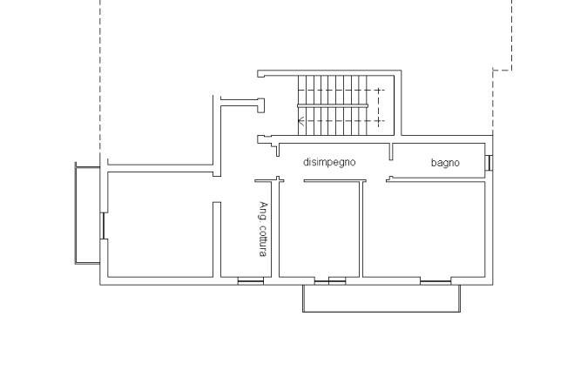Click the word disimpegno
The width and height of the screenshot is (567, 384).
point(329,162)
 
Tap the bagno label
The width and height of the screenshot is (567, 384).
point(445,163)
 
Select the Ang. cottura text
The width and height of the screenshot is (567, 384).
point(264,229)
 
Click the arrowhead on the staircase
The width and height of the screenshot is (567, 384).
point(300,121)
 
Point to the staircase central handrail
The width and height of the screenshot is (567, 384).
point(333,105)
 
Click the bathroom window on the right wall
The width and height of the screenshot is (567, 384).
point(488,163)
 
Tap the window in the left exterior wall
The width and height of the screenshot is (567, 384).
point(104,226)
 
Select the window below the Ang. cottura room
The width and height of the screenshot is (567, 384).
point(251,280)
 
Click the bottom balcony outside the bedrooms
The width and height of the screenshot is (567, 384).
point(381,299)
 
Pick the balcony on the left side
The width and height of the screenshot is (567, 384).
point(87,213)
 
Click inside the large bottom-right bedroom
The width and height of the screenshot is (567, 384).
point(424,230)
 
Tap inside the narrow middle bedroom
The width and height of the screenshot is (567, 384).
point(320,230)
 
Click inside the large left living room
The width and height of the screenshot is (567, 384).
point(160,225)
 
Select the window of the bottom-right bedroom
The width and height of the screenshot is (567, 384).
point(435,280)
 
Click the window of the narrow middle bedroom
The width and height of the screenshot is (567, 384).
point(330,280)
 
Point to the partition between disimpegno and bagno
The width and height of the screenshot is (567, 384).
point(390,152)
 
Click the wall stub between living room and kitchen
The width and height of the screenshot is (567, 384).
point(217,239)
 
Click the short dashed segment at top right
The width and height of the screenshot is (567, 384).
point(503,71)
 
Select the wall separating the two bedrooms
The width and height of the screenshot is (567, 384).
point(361,229)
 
